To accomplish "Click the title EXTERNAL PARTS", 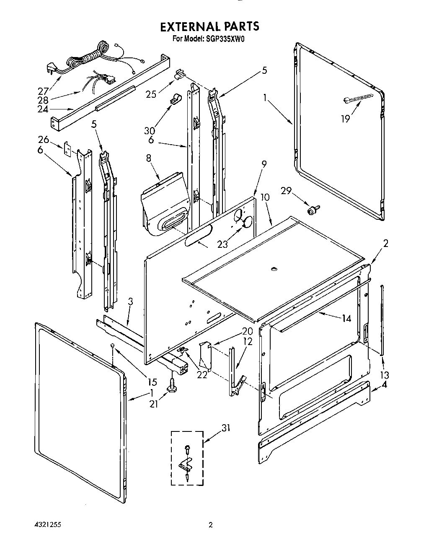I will point(209,26).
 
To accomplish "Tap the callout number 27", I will point(43,90).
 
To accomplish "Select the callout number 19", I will point(345,119).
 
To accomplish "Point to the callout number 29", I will point(286,191).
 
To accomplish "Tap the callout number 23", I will point(222,244).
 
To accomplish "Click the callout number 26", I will point(43,140).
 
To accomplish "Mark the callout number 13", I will point(384,375).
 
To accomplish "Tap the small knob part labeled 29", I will point(313,209).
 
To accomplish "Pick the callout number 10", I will point(265,197).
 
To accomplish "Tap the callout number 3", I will point(131,301).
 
